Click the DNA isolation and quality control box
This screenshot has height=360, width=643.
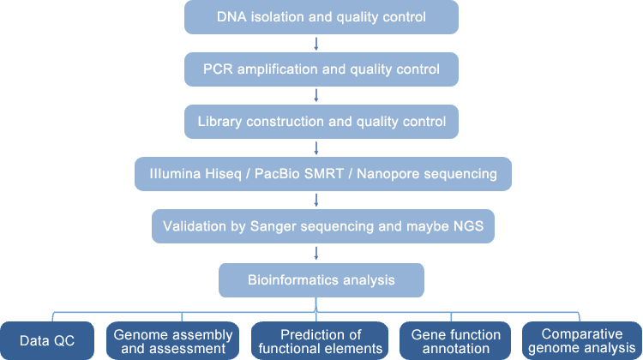click(321, 17)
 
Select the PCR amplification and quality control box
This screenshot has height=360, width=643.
click(321, 69)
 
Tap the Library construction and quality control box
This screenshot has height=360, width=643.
click(321, 122)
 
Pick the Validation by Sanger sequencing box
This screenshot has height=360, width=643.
click(323, 226)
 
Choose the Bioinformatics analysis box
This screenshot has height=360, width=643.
click(321, 280)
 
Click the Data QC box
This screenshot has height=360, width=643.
click(47, 341)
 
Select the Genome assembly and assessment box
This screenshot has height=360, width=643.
click(172, 341)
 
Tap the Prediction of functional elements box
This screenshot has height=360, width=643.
click(320, 341)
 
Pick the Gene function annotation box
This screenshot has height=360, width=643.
click(455, 341)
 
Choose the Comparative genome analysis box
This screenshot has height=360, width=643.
click(582, 341)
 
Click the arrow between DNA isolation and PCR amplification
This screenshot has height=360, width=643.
click(316, 44)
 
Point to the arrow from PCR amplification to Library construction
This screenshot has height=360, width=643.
click(316, 95)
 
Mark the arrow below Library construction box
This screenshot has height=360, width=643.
click(316, 148)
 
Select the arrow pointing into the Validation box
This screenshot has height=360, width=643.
click(316, 200)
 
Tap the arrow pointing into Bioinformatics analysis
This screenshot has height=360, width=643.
click(316, 254)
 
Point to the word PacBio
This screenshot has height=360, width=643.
click(276, 174)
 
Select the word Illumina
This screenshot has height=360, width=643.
click(175, 174)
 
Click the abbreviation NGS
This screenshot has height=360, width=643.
click(468, 226)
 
